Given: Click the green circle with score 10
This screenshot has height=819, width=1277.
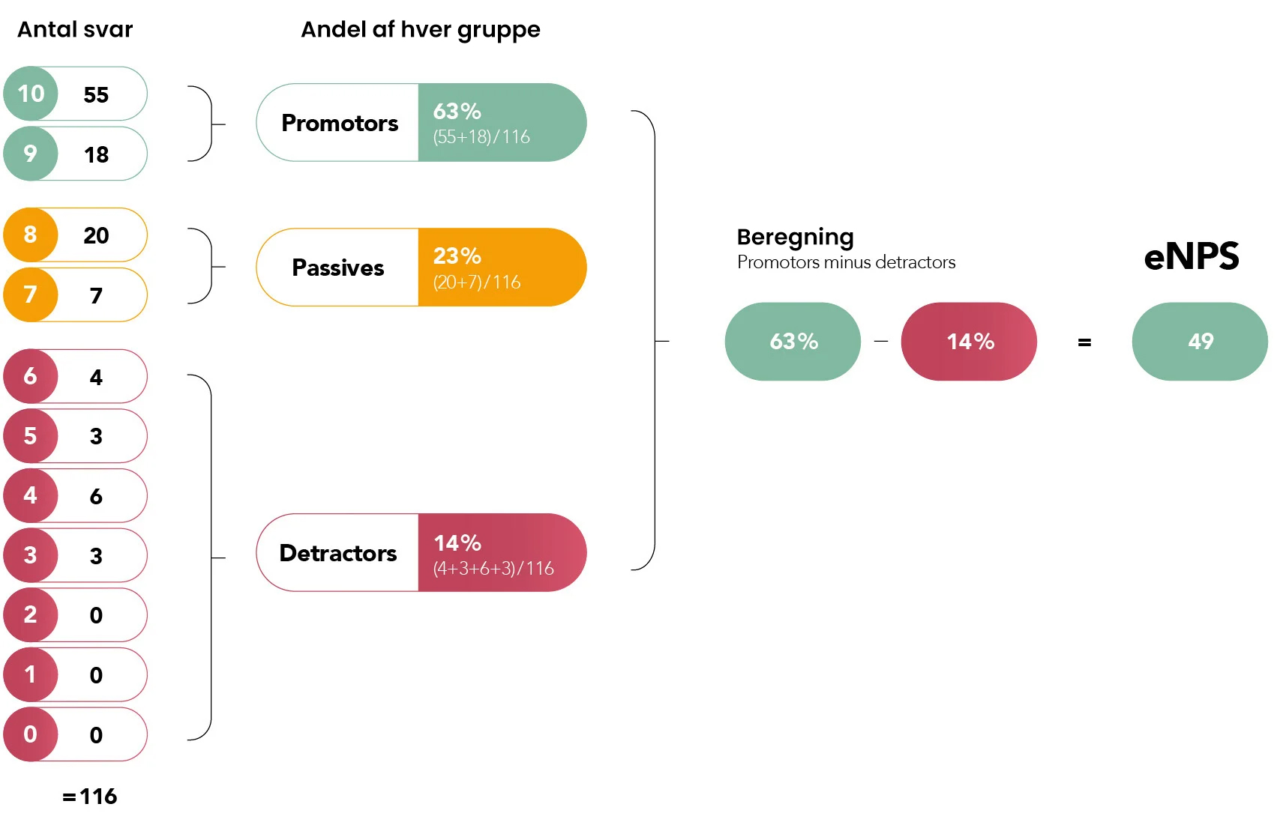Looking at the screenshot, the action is pyautogui.click(x=31, y=94).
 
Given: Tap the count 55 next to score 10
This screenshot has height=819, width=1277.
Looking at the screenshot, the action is pyautogui.click(x=96, y=94).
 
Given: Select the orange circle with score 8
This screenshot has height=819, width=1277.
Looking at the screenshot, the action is pyautogui.click(x=31, y=235).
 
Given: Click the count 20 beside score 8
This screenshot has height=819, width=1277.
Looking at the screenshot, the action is pyautogui.click(x=96, y=235).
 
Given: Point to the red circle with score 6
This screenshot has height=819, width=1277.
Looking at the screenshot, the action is pyautogui.click(x=31, y=376).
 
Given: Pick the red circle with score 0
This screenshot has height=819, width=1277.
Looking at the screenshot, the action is pyautogui.click(x=31, y=734).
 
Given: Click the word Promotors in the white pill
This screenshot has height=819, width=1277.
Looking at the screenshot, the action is pyautogui.click(x=340, y=123).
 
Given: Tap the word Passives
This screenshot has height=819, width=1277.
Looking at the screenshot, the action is pyautogui.click(x=338, y=268).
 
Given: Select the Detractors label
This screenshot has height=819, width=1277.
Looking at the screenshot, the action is pyautogui.click(x=338, y=553).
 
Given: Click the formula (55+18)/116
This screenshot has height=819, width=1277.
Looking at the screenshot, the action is pyautogui.click(x=481, y=137).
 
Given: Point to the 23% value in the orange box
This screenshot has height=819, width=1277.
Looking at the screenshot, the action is pyautogui.click(x=457, y=256).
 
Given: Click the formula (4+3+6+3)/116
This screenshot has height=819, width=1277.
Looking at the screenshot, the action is pyautogui.click(x=493, y=569).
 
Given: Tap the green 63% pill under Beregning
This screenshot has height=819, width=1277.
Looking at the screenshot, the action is pyautogui.click(x=793, y=341).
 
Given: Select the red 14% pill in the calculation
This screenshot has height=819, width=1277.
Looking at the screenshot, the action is pyautogui.click(x=969, y=341).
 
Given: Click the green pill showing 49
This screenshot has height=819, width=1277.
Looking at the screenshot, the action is pyautogui.click(x=1200, y=341).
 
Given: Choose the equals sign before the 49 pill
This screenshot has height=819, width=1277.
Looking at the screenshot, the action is pyautogui.click(x=1084, y=342).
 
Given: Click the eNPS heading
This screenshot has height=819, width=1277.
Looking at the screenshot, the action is pyautogui.click(x=1192, y=256).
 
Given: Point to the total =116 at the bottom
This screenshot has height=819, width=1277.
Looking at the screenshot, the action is pyautogui.click(x=89, y=797).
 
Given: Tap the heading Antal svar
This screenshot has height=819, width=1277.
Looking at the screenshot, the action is pyautogui.click(x=75, y=30).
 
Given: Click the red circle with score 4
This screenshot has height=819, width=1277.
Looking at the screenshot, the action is pyautogui.click(x=31, y=495).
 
